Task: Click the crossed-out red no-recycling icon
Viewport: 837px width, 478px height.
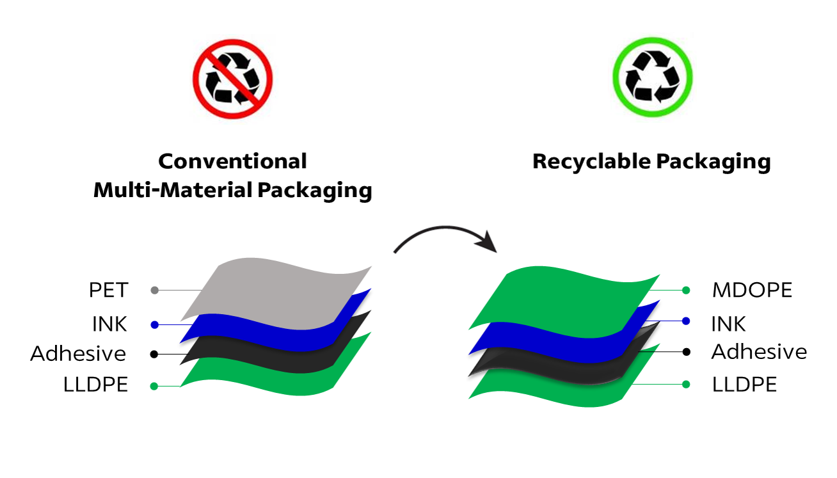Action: tap(232, 79)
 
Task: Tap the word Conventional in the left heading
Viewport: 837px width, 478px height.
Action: tap(232, 161)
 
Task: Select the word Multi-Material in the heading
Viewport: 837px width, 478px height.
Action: tap(171, 190)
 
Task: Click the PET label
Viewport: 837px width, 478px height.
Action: tap(108, 291)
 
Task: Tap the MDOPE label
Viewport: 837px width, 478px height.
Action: tap(752, 291)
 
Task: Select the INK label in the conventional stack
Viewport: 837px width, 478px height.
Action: tap(109, 324)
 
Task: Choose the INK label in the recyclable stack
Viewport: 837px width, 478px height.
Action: tap(728, 324)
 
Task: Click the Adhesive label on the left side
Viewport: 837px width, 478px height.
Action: tap(78, 354)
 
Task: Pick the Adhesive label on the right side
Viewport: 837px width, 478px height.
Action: tap(759, 352)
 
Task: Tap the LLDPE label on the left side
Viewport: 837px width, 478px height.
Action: tap(95, 385)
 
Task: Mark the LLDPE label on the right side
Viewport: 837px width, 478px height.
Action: tap(744, 385)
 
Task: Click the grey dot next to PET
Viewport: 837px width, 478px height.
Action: tap(154, 291)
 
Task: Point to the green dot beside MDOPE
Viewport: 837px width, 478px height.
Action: tap(686, 291)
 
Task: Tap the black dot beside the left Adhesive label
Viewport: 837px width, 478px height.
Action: tap(154, 354)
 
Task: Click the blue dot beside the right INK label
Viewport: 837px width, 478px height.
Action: tap(686, 321)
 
